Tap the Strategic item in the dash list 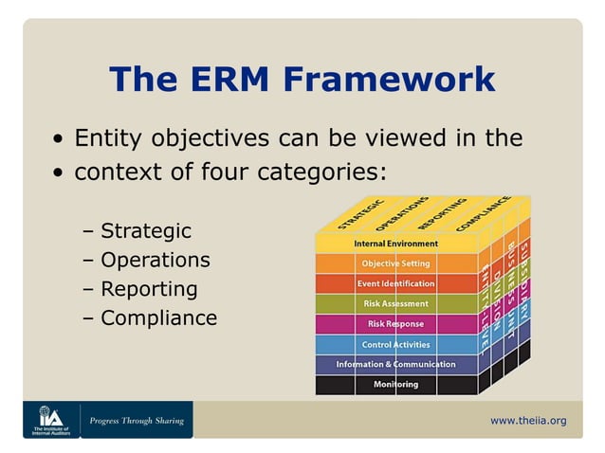pyautogui.click(x=145, y=231)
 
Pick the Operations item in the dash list pyautogui.click(x=155, y=260)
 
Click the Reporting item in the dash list pyautogui.click(x=149, y=289)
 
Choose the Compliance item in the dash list pyautogui.click(x=158, y=318)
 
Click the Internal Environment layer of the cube pyautogui.click(x=395, y=244)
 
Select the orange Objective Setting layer pyautogui.click(x=395, y=263)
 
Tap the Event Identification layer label pyautogui.click(x=395, y=283)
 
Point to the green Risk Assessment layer pyautogui.click(x=395, y=303)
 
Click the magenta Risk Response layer pyautogui.click(x=395, y=324)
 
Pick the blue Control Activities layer pyautogui.click(x=395, y=344)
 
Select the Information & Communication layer pyautogui.click(x=395, y=364)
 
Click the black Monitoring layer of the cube pyautogui.click(x=395, y=385)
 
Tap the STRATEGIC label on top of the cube pyautogui.click(x=360, y=215)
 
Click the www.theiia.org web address pyautogui.click(x=528, y=420)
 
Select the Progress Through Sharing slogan pyautogui.click(x=137, y=420)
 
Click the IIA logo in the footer pyautogui.click(x=50, y=419)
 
